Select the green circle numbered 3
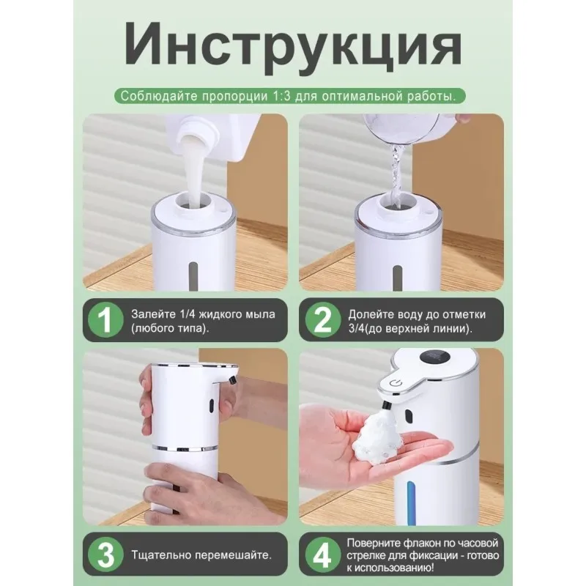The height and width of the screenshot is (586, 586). coord(105,555)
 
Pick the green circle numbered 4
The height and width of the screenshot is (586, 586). coord(322,555)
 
